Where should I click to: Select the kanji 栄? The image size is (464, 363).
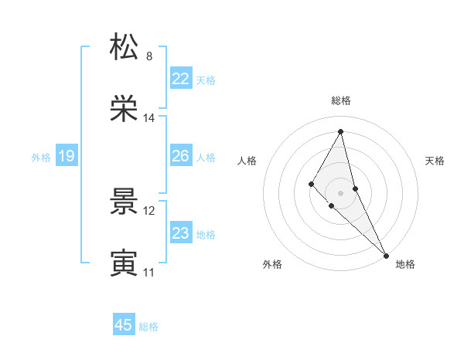coord(124,109)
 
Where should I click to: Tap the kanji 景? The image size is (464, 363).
coord(124,201)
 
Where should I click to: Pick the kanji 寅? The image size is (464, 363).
coord(124,263)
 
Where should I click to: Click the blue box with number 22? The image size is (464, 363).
coord(180,79)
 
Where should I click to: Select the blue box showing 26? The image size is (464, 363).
coord(180,156)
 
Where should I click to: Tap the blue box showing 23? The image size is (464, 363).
coord(180,233)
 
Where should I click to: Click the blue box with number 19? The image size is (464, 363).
coord(66,157)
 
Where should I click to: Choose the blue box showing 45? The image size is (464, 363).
coord(124,325)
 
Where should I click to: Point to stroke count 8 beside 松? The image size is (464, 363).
coord(149,56)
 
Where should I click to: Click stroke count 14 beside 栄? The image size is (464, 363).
coord(149,118)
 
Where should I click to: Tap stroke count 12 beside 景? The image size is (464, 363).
coord(149,210)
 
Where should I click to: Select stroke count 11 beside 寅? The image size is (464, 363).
coord(149,273)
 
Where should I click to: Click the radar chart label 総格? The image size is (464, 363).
coord(340,100)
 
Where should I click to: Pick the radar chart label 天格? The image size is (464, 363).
coord(435,161)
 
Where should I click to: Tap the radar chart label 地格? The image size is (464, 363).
coord(405,264)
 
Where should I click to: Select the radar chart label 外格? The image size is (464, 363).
coord(272,264)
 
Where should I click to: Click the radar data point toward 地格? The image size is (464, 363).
coord(386,255)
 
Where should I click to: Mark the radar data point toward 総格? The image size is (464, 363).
coord(340,131)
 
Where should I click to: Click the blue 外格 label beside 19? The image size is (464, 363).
coord(41,158)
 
